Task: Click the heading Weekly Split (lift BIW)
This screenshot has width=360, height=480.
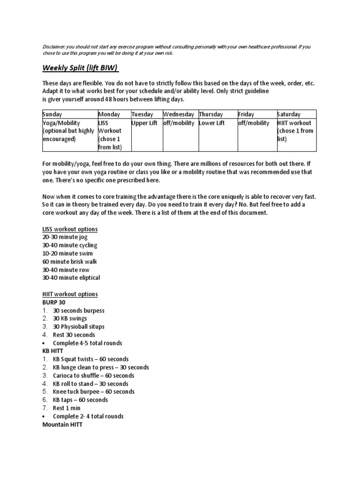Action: [x=80, y=67]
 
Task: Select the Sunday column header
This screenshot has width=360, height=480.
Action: [x=52, y=114]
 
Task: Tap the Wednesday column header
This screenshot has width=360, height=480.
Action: [x=178, y=114]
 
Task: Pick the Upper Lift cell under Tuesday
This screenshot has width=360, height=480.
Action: [x=146, y=123]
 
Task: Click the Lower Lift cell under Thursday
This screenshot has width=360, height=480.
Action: [x=211, y=123]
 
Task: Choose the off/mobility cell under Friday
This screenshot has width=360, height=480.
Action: [x=254, y=123]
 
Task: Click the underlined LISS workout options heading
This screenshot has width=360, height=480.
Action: [x=70, y=229]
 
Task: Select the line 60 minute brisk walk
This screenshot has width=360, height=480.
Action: [x=69, y=262]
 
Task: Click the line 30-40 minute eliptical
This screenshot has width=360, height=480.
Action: [x=71, y=278]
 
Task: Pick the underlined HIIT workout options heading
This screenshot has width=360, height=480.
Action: [x=70, y=294]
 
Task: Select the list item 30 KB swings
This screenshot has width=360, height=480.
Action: [x=70, y=319]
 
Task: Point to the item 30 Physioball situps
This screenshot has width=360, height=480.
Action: [x=79, y=327]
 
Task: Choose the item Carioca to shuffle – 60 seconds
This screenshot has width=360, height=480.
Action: [x=93, y=375]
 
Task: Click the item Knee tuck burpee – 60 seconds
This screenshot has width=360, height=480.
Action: [x=93, y=392]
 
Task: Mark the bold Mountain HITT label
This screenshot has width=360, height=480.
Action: [x=62, y=425]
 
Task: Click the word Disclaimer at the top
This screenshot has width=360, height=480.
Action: [x=53, y=47]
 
